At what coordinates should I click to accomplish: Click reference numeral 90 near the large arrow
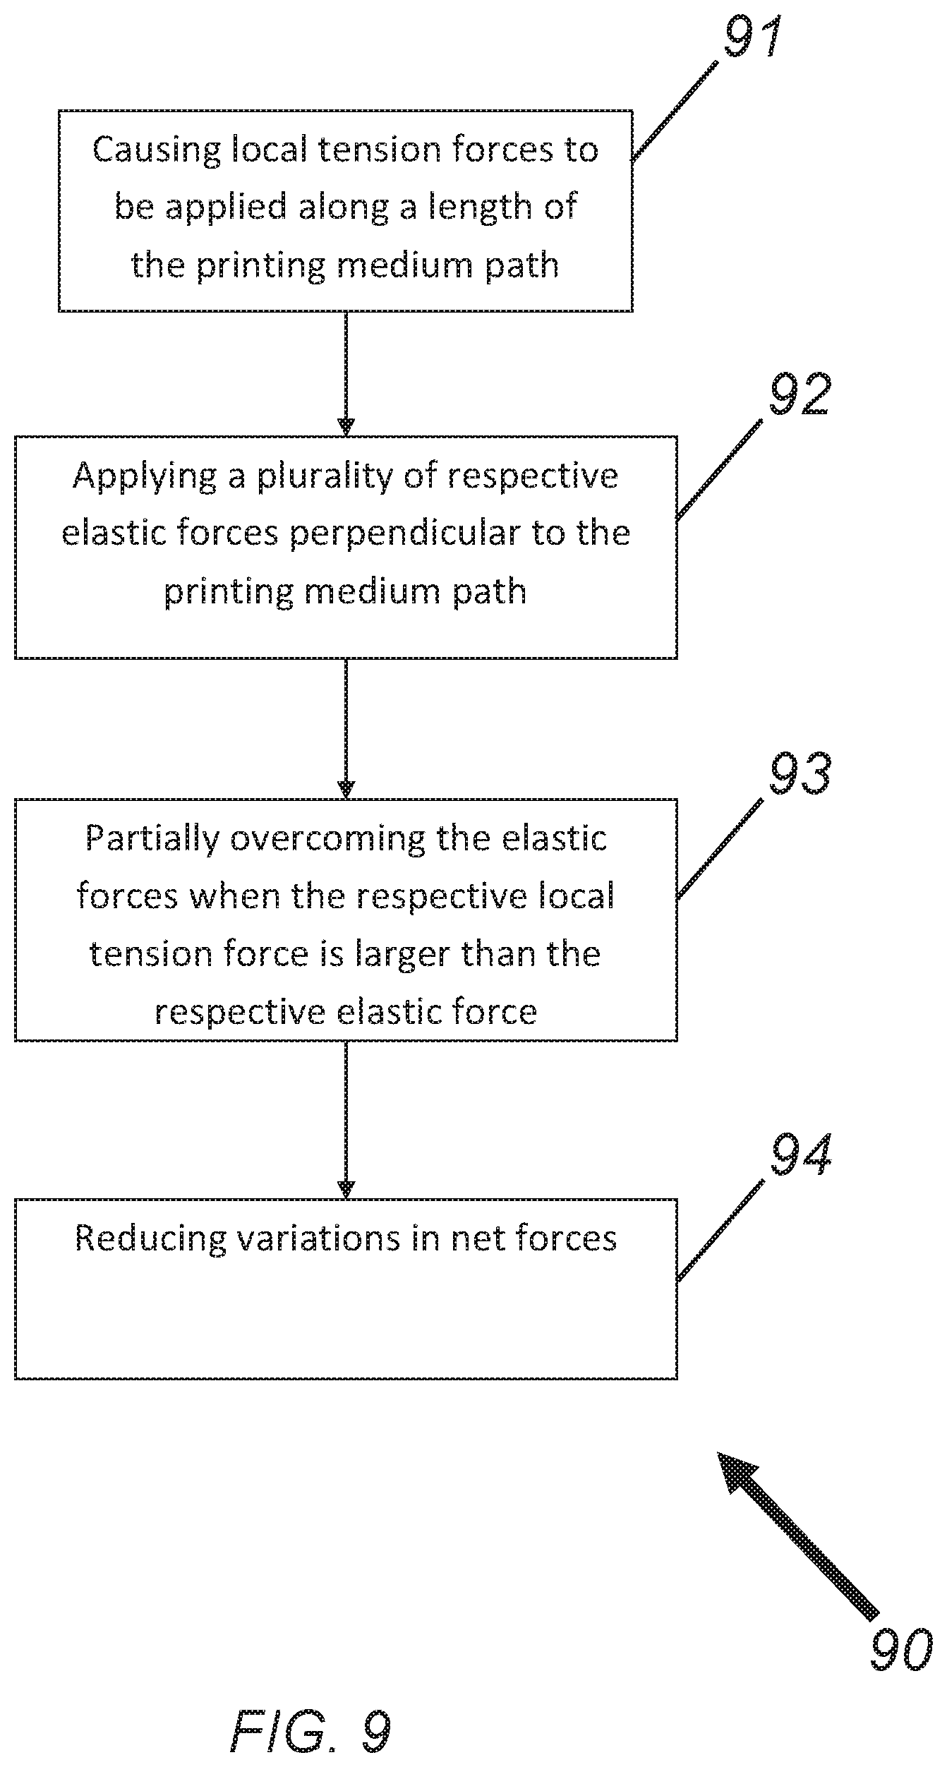tap(900, 1650)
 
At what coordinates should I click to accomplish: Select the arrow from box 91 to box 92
tap(346, 373)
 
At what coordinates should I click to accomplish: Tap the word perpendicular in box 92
tap(404, 534)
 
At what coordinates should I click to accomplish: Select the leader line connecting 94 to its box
tap(720, 1231)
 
